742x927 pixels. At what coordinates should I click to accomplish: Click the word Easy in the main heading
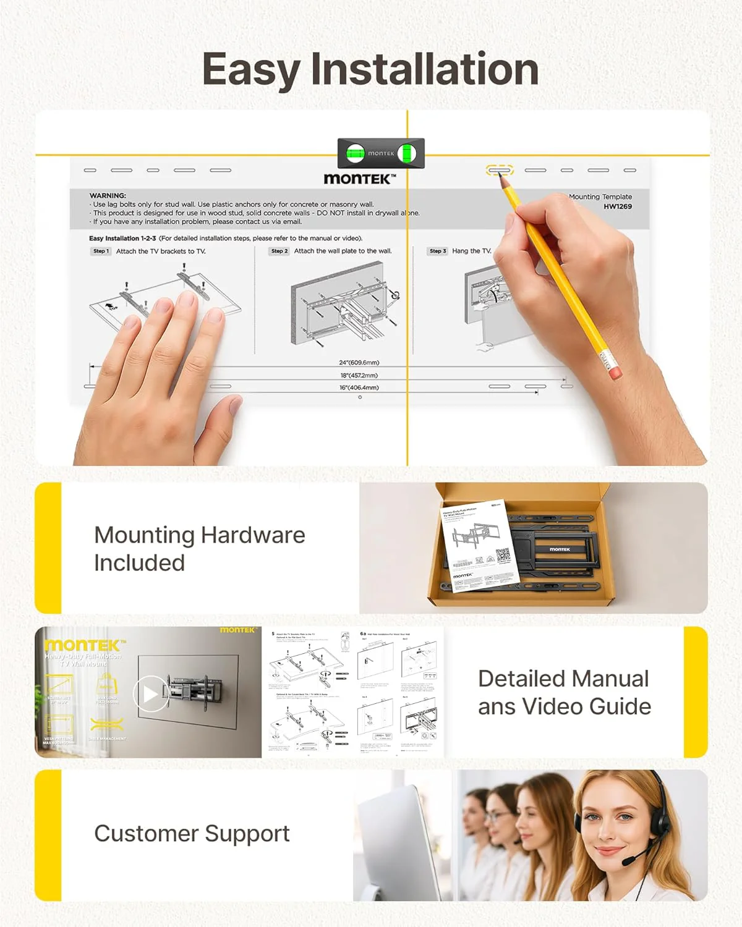pyautogui.click(x=251, y=69)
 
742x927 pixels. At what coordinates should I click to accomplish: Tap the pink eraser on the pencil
pyautogui.click(x=613, y=371)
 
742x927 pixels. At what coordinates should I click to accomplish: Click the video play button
pyautogui.click(x=151, y=694)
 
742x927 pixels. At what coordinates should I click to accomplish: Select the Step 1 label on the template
pyautogui.click(x=100, y=251)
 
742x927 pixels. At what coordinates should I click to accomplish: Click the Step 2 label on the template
pyautogui.click(x=279, y=251)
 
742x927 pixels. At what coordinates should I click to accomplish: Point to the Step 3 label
pyautogui.click(x=438, y=251)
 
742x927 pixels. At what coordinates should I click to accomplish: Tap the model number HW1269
pyautogui.click(x=617, y=206)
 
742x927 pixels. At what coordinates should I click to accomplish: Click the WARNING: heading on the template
pyautogui.click(x=108, y=195)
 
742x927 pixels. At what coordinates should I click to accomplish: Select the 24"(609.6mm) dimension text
pyautogui.click(x=359, y=363)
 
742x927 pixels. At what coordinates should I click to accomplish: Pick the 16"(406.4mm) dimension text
pyautogui.click(x=359, y=387)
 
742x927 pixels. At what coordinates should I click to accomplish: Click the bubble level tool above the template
pyautogui.click(x=381, y=153)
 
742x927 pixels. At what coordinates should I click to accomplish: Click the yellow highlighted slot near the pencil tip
pyautogui.click(x=500, y=169)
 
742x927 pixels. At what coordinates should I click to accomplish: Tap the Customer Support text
pyautogui.click(x=192, y=834)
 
